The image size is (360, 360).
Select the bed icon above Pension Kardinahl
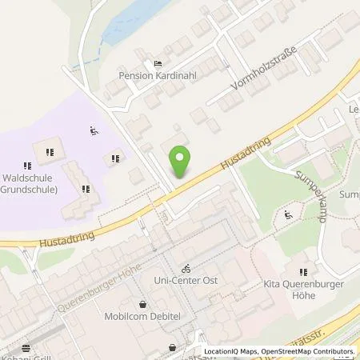coord(157,64)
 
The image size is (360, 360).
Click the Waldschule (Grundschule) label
coord(30,184)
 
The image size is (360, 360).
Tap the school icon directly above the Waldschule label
coord(49,152)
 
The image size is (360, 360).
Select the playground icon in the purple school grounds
coord(94,130)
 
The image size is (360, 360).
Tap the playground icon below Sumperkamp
coord(288,214)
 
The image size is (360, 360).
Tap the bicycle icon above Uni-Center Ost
coord(186,269)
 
